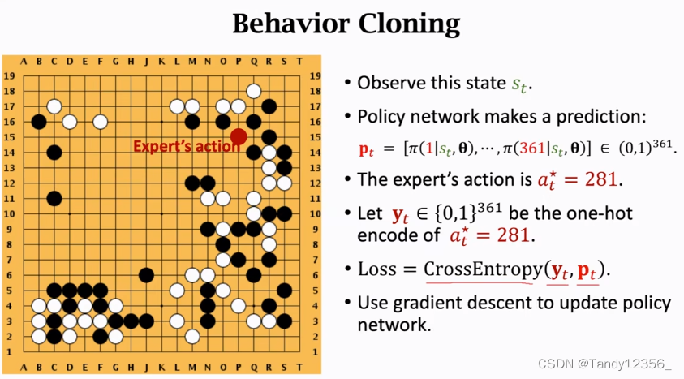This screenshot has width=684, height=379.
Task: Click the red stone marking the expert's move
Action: click(239, 136)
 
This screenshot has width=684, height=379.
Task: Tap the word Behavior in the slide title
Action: click(287, 24)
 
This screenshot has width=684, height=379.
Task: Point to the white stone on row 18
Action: click(254, 91)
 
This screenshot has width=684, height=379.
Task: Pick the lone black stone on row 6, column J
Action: click(146, 274)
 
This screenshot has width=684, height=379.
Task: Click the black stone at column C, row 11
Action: click(54, 198)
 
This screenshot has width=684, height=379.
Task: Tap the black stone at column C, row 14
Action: click(54, 152)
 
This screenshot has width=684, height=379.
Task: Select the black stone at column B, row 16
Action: click(39, 122)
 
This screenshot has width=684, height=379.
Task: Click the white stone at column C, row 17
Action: click(54, 106)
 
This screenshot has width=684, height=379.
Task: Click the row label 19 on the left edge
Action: click(11, 75)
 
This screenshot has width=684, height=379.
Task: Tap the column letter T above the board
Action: click(299, 61)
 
